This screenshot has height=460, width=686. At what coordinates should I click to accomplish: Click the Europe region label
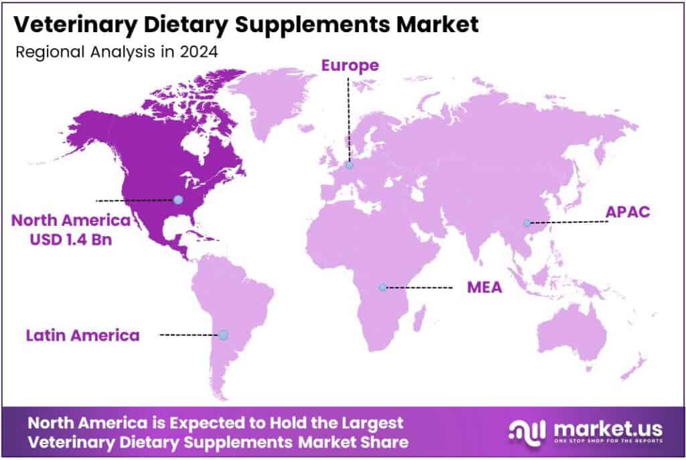point(350,65)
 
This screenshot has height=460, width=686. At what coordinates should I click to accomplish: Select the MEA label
point(485,288)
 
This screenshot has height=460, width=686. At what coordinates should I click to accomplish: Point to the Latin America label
point(83,335)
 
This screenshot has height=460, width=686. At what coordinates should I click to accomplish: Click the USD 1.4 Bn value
point(72,238)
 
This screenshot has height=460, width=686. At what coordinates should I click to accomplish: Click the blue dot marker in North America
point(178,199)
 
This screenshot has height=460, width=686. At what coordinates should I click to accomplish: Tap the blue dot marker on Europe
point(349,165)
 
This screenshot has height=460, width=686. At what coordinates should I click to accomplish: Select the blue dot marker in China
point(527,223)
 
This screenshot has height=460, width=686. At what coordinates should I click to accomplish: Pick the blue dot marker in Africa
point(383,287)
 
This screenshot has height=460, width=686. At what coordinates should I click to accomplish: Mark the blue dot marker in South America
point(223,335)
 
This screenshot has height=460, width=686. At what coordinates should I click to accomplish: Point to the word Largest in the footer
point(368,423)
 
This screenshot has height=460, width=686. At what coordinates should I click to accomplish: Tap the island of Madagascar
point(421,315)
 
